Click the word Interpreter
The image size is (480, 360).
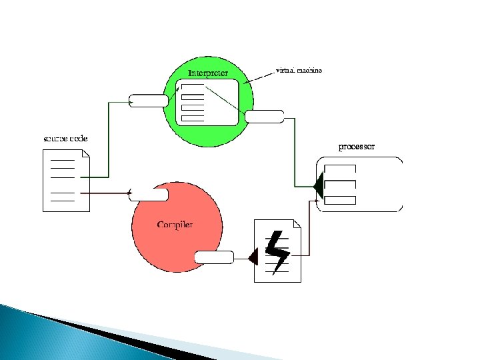(x=208, y=73)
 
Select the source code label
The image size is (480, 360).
(x=65, y=139)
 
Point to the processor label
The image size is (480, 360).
(x=357, y=146)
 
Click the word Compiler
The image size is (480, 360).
(x=175, y=225)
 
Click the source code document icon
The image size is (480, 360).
(x=66, y=181)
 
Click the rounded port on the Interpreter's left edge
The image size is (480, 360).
(x=149, y=101)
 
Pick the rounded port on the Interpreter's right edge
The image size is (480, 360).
(x=264, y=117)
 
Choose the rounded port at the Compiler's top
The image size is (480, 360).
(x=149, y=195)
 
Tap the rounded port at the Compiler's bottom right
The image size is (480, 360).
(x=214, y=257)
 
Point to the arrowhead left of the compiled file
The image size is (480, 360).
(x=253, y=257)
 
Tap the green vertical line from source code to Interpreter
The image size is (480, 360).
(x=108, y=140)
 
